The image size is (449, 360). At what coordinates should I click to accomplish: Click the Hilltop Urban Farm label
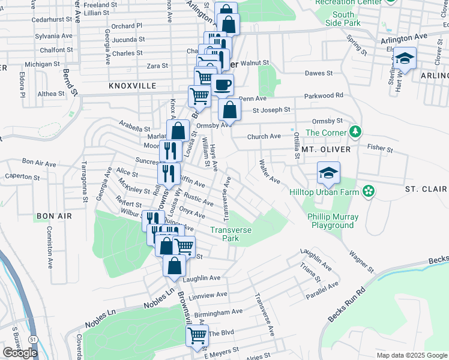point(324,192)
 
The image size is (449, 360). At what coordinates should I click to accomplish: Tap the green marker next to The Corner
point(356,131)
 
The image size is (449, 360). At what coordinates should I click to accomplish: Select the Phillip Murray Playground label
point(333,221)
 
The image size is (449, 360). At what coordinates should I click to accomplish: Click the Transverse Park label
point(231,234)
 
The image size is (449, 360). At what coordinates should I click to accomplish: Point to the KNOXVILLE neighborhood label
point(133,86)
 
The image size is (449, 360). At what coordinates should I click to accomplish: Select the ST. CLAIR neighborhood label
point(426,189)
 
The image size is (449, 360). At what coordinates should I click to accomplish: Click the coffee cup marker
point(222,85)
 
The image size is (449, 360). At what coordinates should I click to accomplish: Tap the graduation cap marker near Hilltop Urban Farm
point(328,173)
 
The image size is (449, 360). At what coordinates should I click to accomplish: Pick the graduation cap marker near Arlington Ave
point(405,58)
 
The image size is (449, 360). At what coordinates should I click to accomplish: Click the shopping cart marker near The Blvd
point(197,337)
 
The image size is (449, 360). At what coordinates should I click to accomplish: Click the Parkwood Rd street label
point(324,95)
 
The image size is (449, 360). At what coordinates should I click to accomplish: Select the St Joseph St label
point(271,110)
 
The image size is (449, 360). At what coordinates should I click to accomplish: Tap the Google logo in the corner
point(20,353)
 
